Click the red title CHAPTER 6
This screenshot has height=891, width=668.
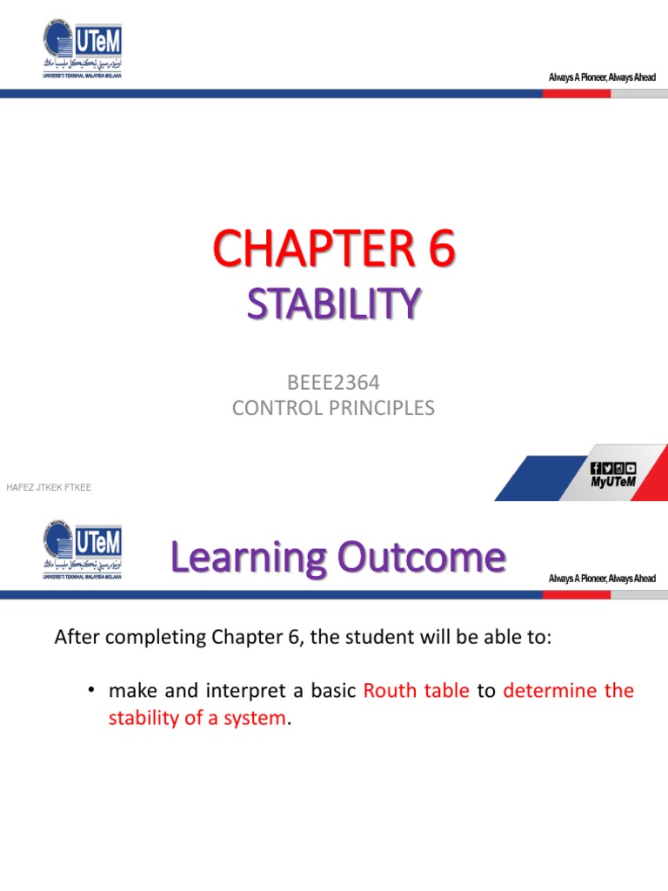(x=333, y=251)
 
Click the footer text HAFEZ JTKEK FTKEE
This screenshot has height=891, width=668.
(x=49, y=487)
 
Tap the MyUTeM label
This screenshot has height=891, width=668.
(x=613, y=481)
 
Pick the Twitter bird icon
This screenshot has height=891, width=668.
(x=607, y=467)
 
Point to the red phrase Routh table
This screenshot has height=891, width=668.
(x=416, y=691)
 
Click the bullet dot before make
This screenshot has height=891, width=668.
(x=90, y=691)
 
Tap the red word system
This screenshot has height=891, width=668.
(x=257, y=719)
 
